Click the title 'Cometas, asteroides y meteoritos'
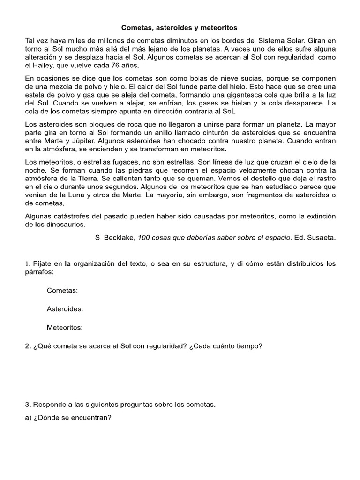(x=180, y=28)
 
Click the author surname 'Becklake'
(x=119, y=238)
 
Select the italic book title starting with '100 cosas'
(x=213, y=238)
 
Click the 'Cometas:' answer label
(x=62, y=291)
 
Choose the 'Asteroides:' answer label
(x=65, y=309)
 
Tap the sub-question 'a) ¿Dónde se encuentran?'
(x=68, y=418)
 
